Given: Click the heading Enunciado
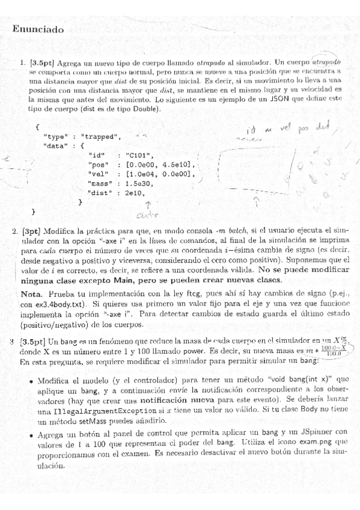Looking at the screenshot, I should tap(38, 29).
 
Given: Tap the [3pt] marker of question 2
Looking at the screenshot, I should tap(31, 231).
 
